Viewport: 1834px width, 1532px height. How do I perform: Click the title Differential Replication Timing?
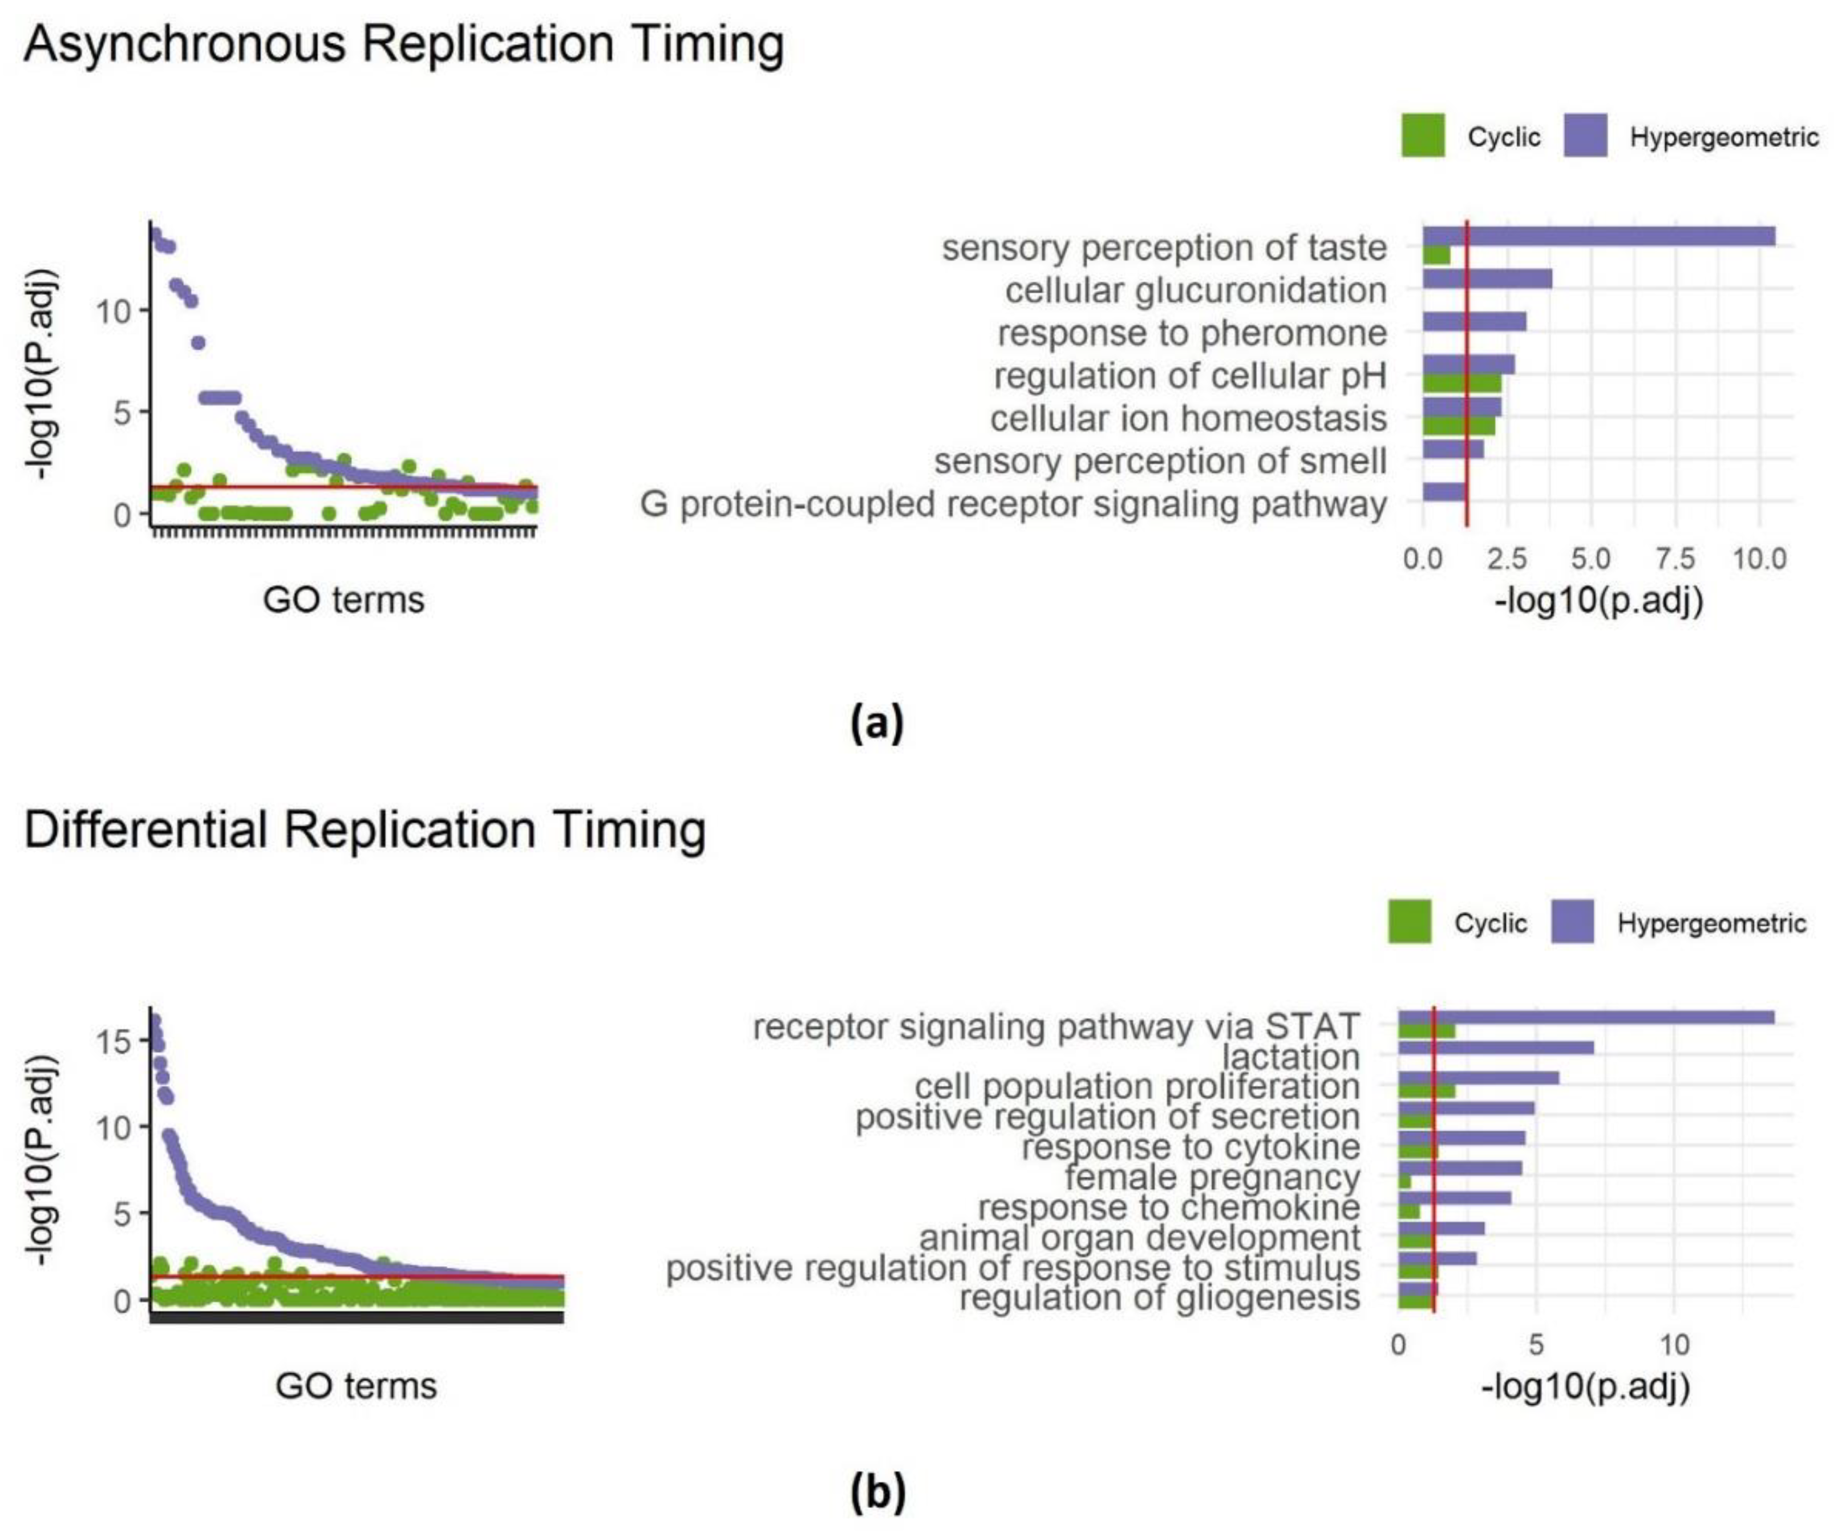tap(365, 830)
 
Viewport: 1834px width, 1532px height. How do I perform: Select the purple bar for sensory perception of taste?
tap(1598, 236)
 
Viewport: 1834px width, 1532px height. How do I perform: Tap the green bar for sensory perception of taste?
tap(1436, 255)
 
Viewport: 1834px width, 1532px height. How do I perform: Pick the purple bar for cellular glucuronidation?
tap(1487, 278)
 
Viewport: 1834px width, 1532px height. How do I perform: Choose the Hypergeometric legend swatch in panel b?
tap(1572, 923)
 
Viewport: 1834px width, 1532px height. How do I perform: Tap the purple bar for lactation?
tap(1495, 1047)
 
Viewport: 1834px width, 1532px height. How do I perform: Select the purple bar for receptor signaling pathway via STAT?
tap(1586, 1017)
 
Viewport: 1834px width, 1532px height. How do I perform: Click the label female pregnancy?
tap(1212, 1178)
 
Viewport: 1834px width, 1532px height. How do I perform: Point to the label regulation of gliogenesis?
tap(1159, 1298)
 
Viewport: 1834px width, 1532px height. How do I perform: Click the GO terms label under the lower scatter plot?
tap(355, 1386)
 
